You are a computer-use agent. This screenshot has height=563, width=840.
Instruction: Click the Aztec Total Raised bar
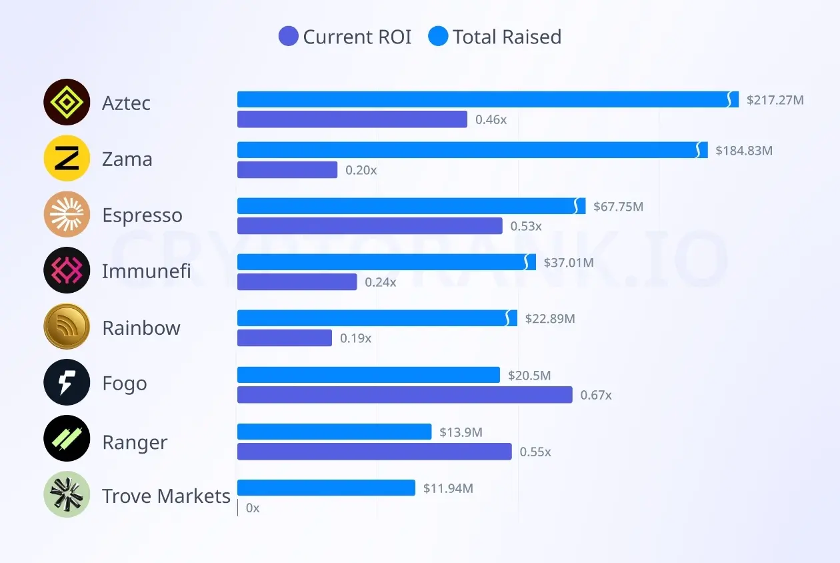487,99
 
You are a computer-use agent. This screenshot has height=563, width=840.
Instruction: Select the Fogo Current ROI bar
405,395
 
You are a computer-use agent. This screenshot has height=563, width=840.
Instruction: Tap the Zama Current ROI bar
287,170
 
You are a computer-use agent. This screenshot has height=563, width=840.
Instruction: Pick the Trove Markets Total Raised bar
326,488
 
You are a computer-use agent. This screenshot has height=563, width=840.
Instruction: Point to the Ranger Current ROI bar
374,452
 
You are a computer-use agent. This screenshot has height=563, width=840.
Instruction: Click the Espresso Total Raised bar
411,206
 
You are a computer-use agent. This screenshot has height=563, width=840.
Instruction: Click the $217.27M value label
775,100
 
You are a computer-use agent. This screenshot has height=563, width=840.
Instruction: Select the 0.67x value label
596,395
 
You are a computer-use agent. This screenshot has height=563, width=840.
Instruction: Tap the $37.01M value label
569,263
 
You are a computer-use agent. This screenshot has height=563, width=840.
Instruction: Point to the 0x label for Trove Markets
253,508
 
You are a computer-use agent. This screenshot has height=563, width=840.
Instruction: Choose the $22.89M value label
550,319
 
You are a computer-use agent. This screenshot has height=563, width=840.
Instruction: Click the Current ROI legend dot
288,37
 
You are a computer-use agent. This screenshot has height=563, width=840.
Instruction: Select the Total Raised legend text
507,37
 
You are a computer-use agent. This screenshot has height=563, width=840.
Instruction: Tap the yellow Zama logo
67,158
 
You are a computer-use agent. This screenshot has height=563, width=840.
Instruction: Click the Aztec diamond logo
67,102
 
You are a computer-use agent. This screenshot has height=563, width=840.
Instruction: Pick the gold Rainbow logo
67,327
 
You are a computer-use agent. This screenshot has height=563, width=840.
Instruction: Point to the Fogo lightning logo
67,383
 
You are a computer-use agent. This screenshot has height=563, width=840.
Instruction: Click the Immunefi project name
147,271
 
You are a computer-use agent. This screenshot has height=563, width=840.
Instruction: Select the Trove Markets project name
166,496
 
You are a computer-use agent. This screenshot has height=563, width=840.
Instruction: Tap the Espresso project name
142,215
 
